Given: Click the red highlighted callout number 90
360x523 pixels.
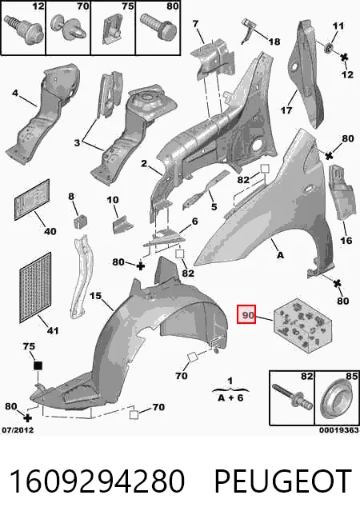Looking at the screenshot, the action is [246, 314].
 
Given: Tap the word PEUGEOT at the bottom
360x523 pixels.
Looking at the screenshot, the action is [283, 481].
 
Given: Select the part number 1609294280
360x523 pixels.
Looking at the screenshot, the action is [97, 481].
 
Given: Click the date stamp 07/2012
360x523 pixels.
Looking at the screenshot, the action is [18, 430].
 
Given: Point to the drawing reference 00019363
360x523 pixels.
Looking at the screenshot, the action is [339, 430].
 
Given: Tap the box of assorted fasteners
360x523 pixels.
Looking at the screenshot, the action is [303, 325].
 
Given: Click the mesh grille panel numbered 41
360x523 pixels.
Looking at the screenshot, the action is [35, 287].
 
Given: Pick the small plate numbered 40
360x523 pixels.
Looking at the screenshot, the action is [32, 199].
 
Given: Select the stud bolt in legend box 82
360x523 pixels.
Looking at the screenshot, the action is [292, 397].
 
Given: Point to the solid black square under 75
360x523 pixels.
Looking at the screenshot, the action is [38, 365].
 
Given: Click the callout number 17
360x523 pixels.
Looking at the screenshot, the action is [286, 110].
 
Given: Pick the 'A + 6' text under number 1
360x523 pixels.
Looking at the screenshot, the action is [230, 397].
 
